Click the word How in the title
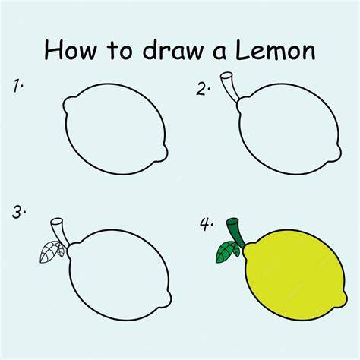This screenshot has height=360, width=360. click(x=71, y=49)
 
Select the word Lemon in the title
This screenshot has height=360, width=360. click(x=276, y=50)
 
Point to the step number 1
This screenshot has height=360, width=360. click(x=18, y=86)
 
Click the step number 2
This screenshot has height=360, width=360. click(x=204, y=89)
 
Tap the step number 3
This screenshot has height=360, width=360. click(x=19, y=213)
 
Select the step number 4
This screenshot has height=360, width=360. click(x=207, y=224)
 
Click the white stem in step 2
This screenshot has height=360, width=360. click(x=230, y=87)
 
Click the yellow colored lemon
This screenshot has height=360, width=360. click(x=295, y=275)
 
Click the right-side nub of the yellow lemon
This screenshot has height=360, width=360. click(x=343, y=299)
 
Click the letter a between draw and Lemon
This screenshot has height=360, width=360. click(x=219, y=52)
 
